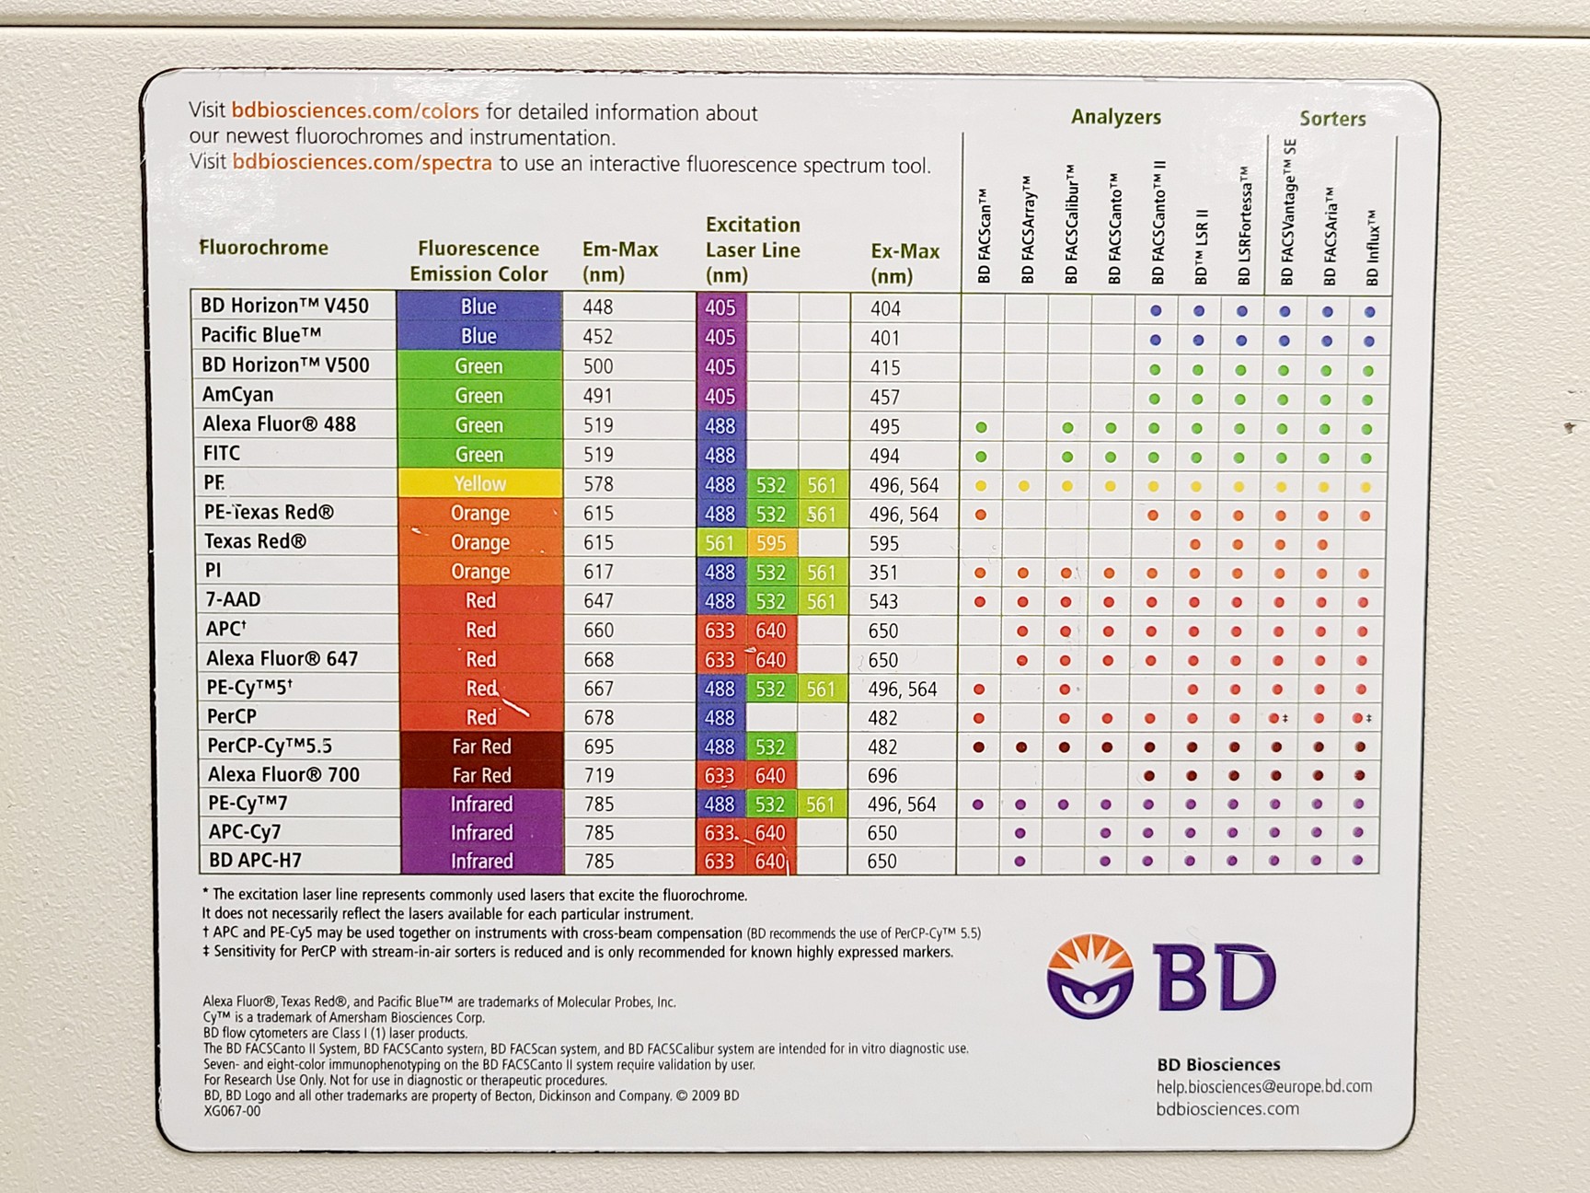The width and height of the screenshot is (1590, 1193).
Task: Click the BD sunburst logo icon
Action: pyautogui.click(x=1090, y=976)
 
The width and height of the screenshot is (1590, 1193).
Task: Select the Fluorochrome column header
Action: pyautogui.click(x=263, y=248)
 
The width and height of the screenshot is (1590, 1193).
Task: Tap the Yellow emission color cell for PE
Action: pyautogui.click(x=479, y=483)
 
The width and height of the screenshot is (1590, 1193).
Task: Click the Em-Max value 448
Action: pyautogui.click(x=598, y=307)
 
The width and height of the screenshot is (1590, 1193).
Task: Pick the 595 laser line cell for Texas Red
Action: pyautogui.click(x=771, y=542)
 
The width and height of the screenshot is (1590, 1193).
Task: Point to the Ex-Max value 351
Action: pyautogui.click(x=883, y=573)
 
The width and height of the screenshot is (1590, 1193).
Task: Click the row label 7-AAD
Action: pyautogui.click(x=234, y=599)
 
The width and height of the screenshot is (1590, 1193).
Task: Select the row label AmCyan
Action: pyautogui.click(x=238, y=394)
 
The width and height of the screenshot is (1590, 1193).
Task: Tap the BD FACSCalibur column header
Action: pyautogui.click(x=1071, y=226)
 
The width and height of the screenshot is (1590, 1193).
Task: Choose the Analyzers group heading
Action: pyautogui.click(x=1115, y=118)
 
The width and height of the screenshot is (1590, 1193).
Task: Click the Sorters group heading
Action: pyautogui.click(x=1332, y=119)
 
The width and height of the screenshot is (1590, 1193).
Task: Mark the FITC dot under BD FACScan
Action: pyautogui.click(x=981, y=457)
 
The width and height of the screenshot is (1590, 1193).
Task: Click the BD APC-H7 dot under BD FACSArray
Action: pyautogui.click(x=1020, y=863)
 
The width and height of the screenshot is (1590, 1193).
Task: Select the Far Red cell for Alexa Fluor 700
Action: pyautogui.click(x=481, y=775)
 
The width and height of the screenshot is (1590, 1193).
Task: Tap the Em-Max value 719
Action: pyautogui.click(x=599, y=775)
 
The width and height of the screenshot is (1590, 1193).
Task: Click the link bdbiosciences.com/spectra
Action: pyautogui.click(x=363, y=163)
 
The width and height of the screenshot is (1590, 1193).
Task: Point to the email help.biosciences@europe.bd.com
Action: pyautogui.click(x=1264, y=1086)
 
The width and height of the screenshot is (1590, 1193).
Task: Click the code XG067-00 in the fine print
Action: pyautogui.click(x=232, y=1111)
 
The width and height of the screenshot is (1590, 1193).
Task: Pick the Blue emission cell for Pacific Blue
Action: pyautogui.click(x=478, y=336)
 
